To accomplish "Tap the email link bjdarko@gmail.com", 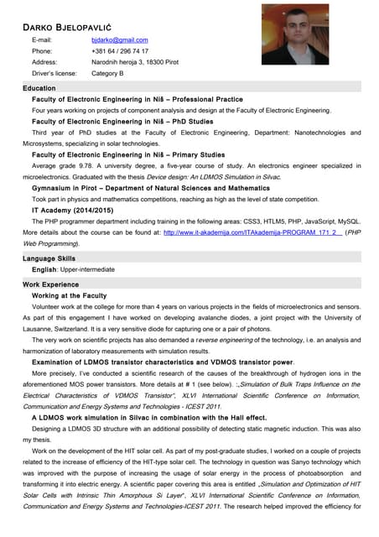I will (x=119, y=39).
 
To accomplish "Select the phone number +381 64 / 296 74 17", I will (x=119, y=51).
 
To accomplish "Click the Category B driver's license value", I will (x=107, y=73).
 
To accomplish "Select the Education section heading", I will (x=39, y=87).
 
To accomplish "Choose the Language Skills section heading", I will (x=49, y=258).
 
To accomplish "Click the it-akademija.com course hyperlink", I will (x=252, y=232).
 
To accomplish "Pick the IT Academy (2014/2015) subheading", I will (x=70, y=210).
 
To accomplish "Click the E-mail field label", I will (x=42, y=39).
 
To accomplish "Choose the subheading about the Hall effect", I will (x=148, y=416).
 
